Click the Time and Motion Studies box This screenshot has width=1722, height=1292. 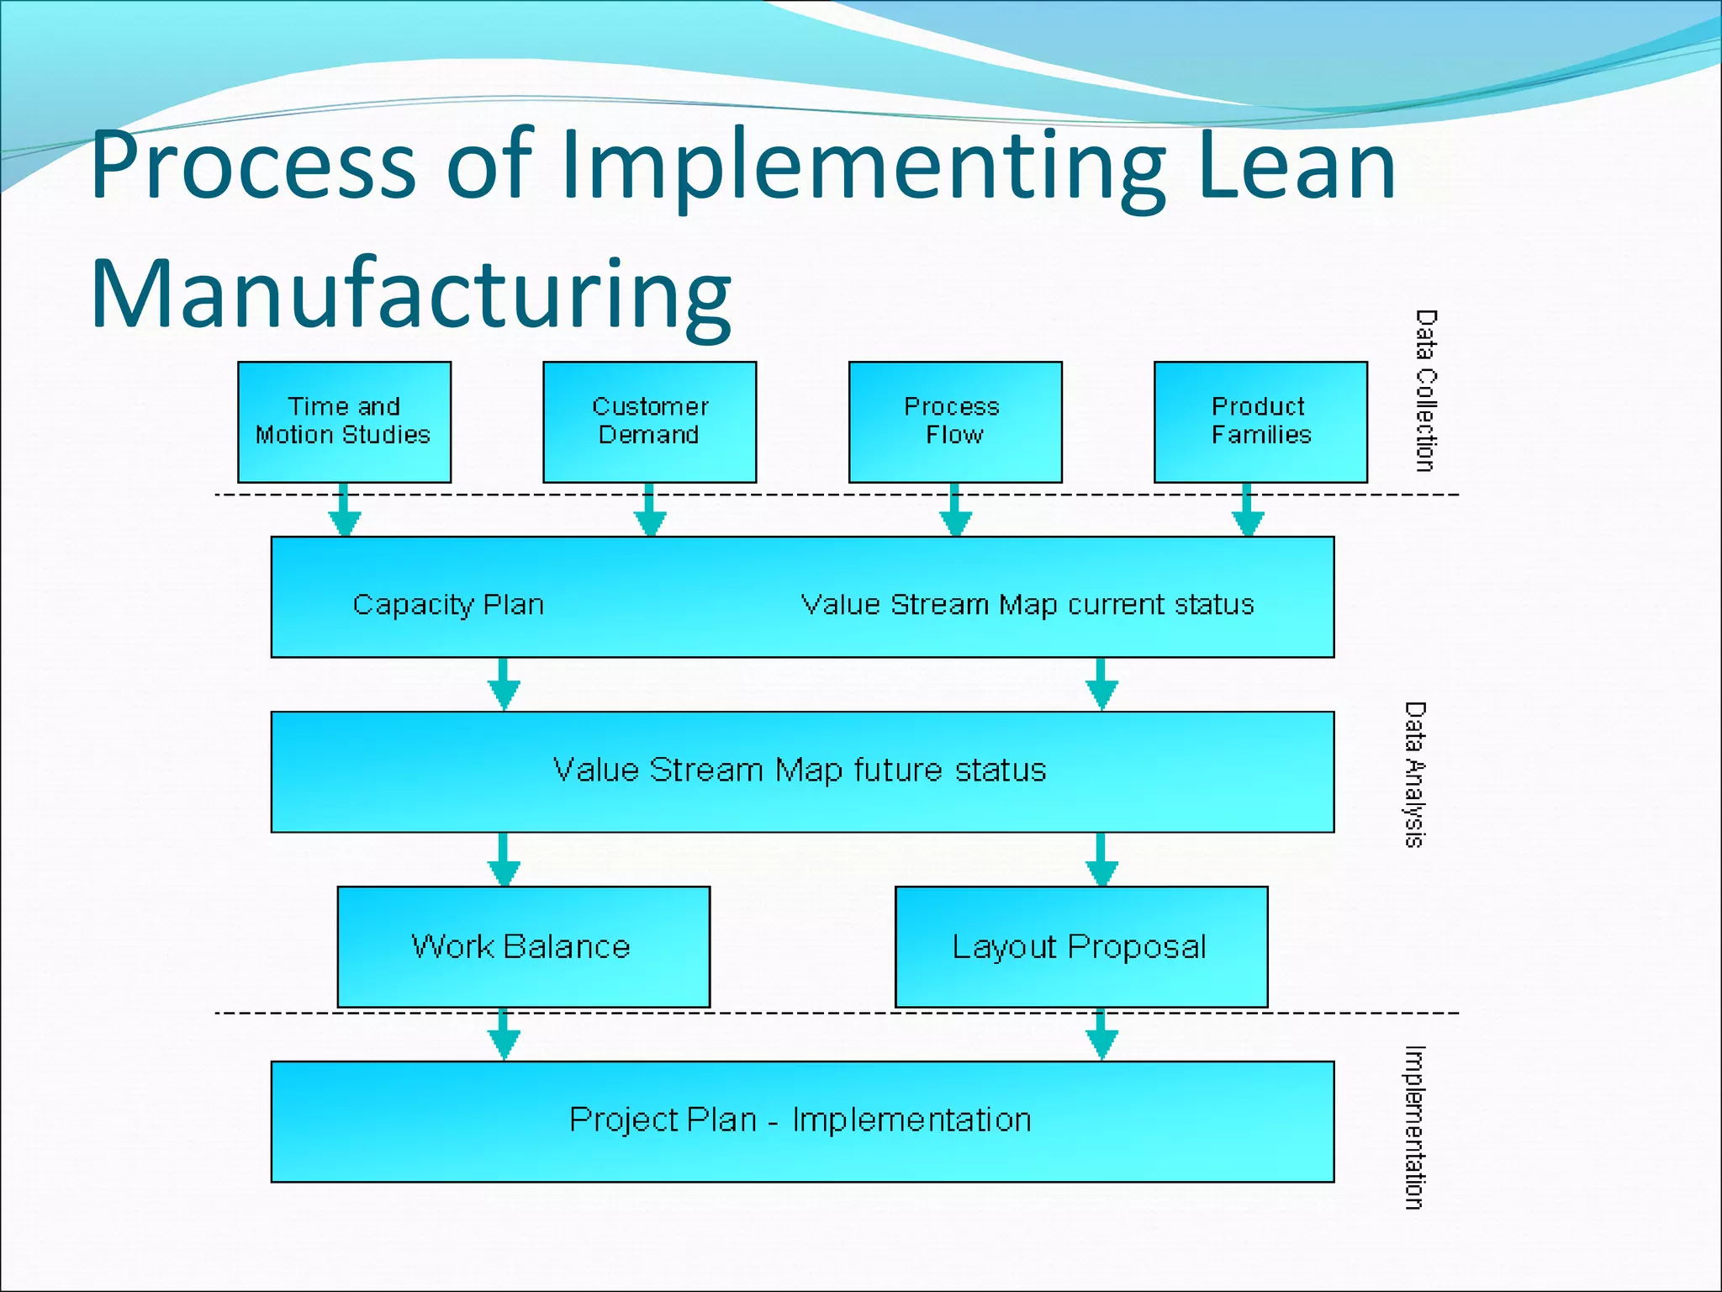344,421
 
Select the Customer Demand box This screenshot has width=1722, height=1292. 649,421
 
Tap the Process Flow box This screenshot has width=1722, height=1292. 954,421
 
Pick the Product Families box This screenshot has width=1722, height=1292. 1260,421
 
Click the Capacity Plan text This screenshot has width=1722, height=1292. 448,605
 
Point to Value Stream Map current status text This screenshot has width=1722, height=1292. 1027,605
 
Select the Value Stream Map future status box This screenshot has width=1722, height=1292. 801,771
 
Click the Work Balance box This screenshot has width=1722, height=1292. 523,946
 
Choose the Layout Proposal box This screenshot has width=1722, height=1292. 1080,946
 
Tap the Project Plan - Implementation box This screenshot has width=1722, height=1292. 801,1120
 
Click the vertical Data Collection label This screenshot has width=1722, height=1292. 1426,390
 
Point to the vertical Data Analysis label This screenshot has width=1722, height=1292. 1415,775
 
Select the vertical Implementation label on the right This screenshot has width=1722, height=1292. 1415,1127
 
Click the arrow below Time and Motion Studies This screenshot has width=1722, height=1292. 344,511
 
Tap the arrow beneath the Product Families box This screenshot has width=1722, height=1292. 1248,511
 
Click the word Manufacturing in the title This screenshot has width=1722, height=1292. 410,295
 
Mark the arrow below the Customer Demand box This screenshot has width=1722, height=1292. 649,511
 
